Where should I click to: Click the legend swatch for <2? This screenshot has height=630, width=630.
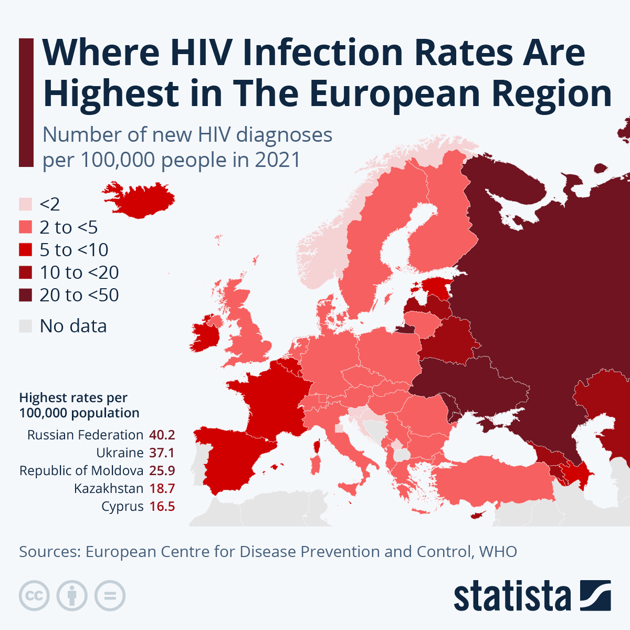(x=26, y=204)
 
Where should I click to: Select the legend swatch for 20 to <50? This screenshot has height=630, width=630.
(x=26, y=295)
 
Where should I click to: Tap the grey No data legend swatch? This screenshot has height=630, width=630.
(x=26, y=326)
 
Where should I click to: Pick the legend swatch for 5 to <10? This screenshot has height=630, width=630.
(x=26, y=250)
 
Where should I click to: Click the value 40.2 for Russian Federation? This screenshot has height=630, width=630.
(x=162, y=435)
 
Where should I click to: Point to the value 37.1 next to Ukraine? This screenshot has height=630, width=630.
(x=162, y=453)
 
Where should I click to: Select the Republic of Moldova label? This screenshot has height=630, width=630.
(x=81, y=471)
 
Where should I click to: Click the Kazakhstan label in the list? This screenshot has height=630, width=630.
(x=109, y=489)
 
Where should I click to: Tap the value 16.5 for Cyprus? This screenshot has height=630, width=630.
(x=162, y=507)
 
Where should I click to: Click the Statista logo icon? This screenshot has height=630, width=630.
(x=595, y=595)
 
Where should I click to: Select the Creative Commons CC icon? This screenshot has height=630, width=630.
(x=35, y=596)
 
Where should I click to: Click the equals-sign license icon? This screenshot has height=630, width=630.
(x=110, y=596)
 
